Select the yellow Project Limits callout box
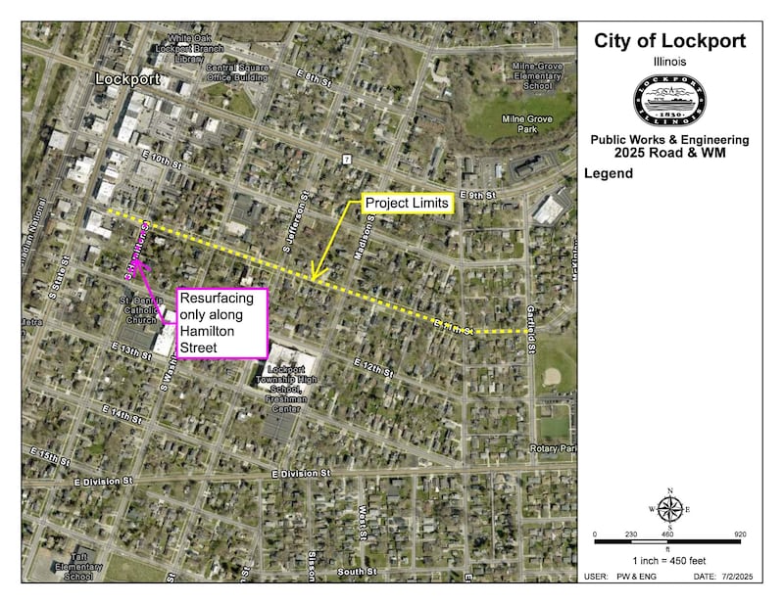pyautogui.click(x=407, y=204)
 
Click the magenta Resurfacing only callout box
pyautogui.click(x=220, y=323)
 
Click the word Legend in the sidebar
pyautogui.click(x=609, y=174)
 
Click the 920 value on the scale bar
pyautogui.click(x=740, y=534)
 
